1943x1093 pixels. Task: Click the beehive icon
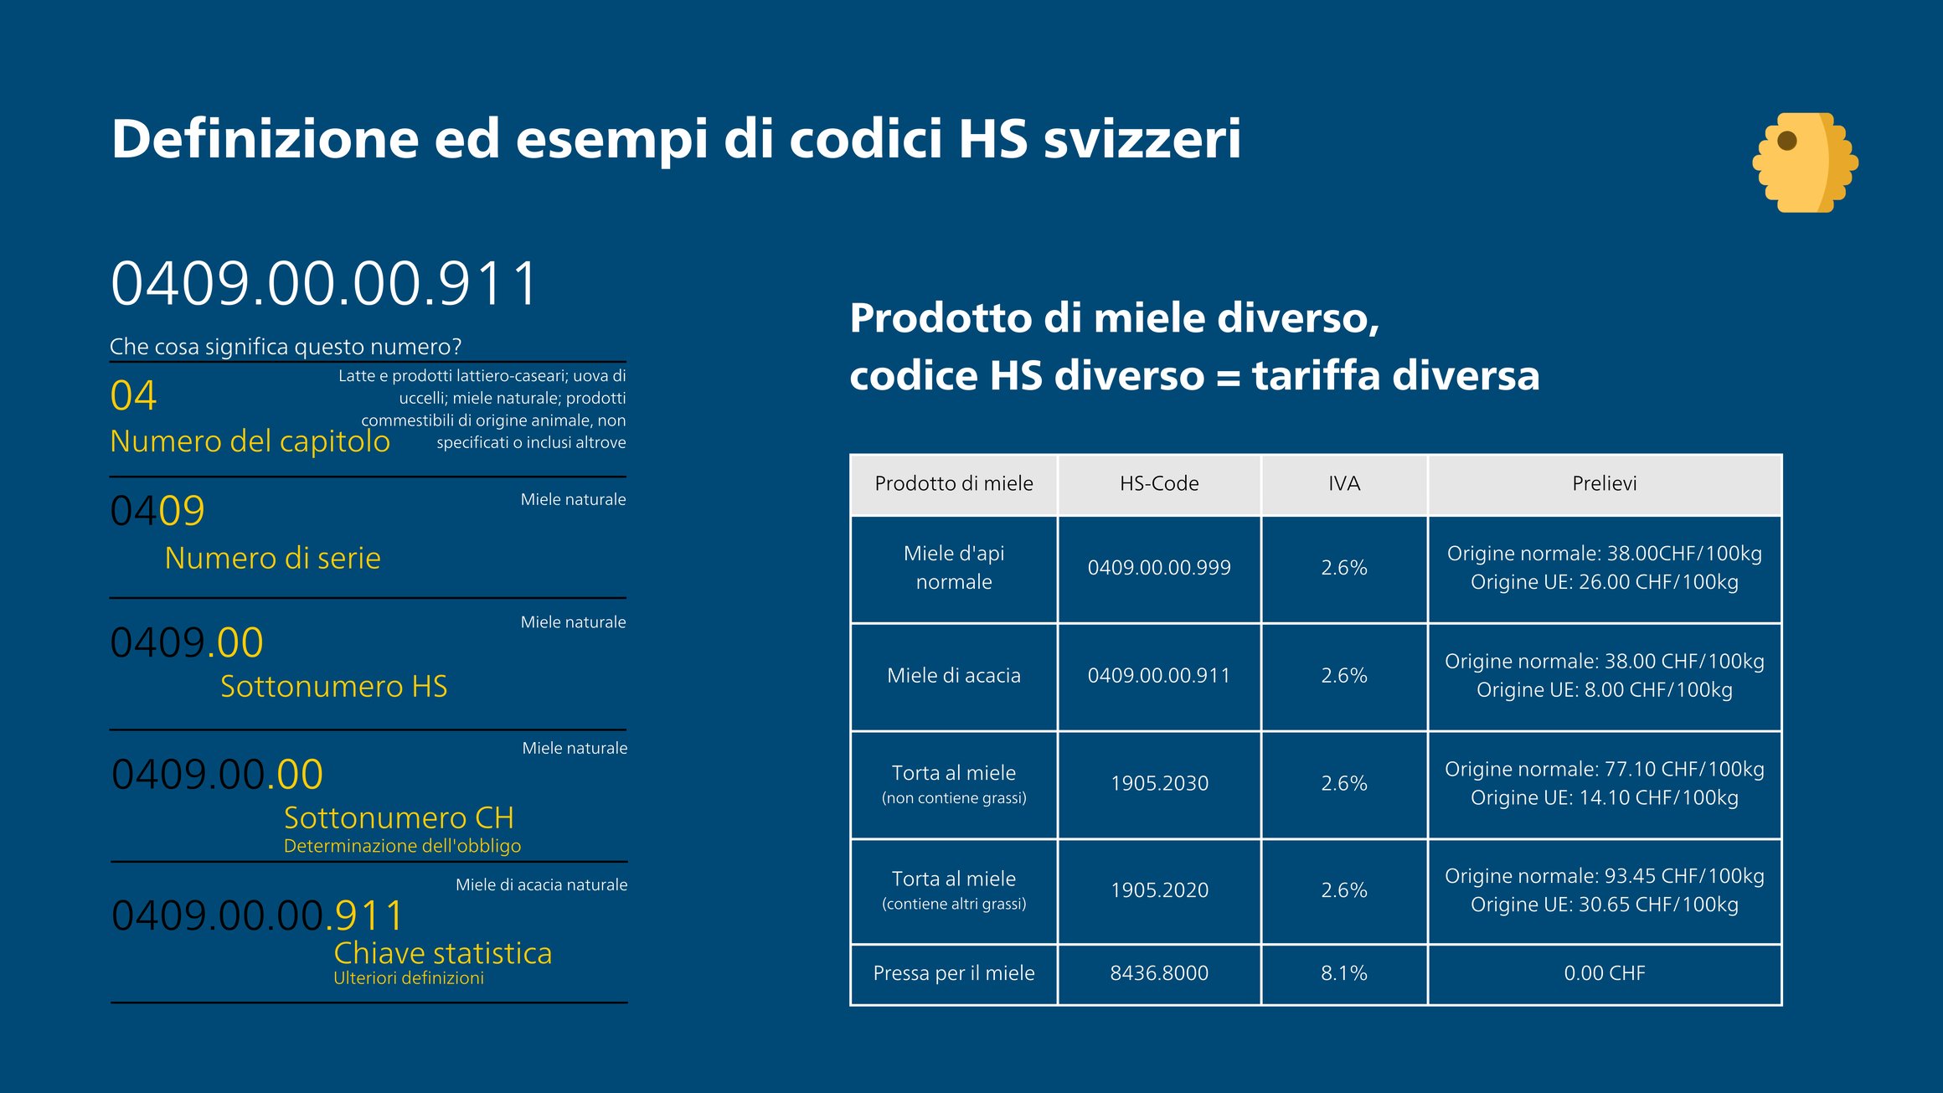[1804, 162]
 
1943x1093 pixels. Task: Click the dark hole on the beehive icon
[1786, 141]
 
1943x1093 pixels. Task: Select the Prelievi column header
[1604, 484]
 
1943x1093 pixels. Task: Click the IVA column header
[1343, 484]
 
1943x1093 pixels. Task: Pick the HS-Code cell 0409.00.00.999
[1159, 568]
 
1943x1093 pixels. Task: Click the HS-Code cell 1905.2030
[1159, 784]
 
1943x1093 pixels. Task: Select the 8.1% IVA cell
[1343, 973]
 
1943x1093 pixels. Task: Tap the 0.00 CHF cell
[1604, 973]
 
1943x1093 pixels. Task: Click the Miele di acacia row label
[954, 676]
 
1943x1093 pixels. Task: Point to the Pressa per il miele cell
[954, 973]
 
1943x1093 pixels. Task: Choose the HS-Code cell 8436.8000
[1159, 973]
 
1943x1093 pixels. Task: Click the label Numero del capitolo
[250, 441]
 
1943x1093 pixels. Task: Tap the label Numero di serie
[272, 559]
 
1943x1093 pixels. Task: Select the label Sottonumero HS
[333, 687]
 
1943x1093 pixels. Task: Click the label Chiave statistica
[442, 954]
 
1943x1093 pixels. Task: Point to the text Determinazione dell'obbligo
[402, 846]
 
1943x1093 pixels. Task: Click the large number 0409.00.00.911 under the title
[324, 284]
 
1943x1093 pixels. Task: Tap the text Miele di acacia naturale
[541, 885]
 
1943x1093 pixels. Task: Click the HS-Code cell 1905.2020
[1159, 890]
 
